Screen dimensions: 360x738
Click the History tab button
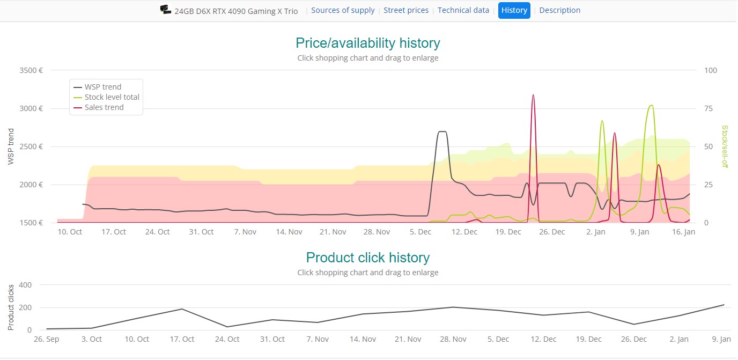click(514, 10)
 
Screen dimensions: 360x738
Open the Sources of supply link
click(343, 10)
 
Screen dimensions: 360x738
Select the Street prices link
click(406, 10)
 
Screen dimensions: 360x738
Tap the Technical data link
click(463, 10)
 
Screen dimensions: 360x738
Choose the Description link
click(559, 10)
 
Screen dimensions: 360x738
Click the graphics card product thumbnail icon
click(166, 10)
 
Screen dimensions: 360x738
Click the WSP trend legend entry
click(102, 87)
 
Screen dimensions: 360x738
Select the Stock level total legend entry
click(112, 97)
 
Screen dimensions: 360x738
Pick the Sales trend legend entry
click(104, 107)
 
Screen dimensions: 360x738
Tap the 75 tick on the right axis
click(709, 108)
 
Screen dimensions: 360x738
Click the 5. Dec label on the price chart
click(420, 232)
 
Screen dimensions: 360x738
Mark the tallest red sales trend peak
click(533, 95)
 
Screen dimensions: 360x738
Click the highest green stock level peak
click(651, 106)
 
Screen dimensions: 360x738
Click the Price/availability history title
click(367, 43)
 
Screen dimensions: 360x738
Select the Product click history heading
click(367, 258)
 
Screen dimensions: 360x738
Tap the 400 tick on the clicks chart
click(25, 285)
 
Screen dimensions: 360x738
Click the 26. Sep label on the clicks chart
click(46, 339)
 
